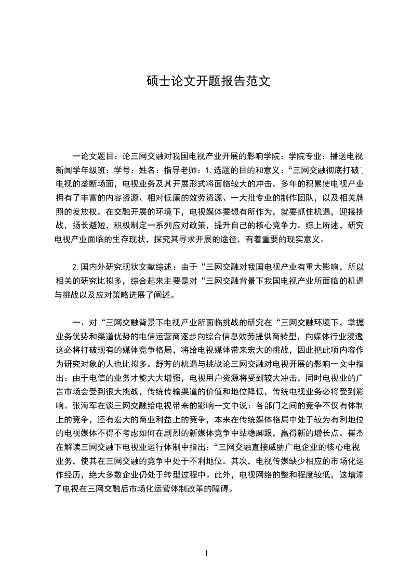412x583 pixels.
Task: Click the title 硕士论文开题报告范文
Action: [x=206, y=82]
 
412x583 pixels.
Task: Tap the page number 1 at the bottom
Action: [x=206, y=553]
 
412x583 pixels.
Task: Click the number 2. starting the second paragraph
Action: [x=76, y=268]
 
